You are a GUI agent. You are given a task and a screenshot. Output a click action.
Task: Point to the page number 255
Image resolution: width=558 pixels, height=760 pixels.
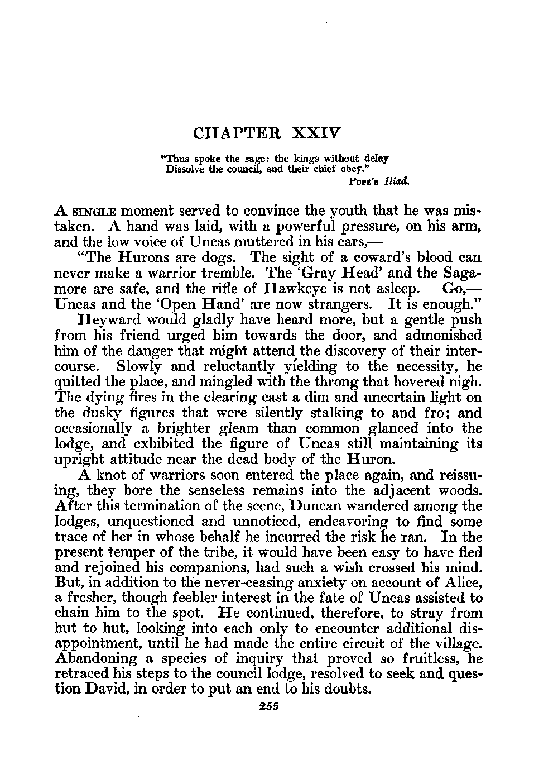pyautogui.click(x=269, y=706)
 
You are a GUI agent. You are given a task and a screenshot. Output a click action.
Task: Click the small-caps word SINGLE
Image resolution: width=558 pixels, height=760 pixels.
pyautogui.click(x=97, y=212)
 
